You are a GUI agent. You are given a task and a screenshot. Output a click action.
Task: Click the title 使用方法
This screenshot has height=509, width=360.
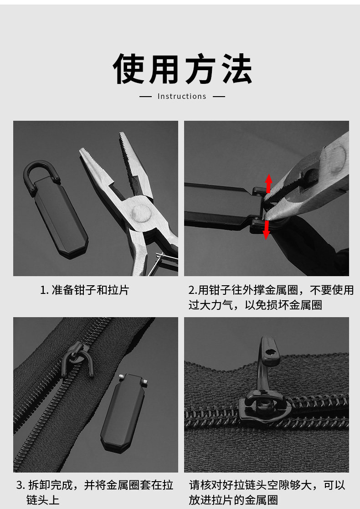tap(182, 69)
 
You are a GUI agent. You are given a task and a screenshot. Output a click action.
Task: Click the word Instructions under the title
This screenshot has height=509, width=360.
tap(182, 97)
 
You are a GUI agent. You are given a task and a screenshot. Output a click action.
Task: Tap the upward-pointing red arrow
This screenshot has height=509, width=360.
tap(268, 184)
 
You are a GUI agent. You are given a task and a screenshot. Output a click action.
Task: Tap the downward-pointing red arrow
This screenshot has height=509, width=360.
tap(266, 230)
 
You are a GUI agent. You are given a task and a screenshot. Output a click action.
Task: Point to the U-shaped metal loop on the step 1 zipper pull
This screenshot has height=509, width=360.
tap(35, 169)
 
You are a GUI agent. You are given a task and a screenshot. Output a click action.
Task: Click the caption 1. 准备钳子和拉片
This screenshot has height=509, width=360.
tap(84, 290)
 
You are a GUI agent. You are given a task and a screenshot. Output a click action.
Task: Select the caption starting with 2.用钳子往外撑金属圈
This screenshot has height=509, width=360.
tap(271, 298)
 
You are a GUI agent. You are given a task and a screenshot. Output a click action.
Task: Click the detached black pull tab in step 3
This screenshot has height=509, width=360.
tap(123, 413)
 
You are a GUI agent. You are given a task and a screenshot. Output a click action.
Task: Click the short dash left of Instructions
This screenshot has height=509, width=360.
tap(145, 97)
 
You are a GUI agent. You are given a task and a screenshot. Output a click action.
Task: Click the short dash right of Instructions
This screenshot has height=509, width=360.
tap(218, 97)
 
